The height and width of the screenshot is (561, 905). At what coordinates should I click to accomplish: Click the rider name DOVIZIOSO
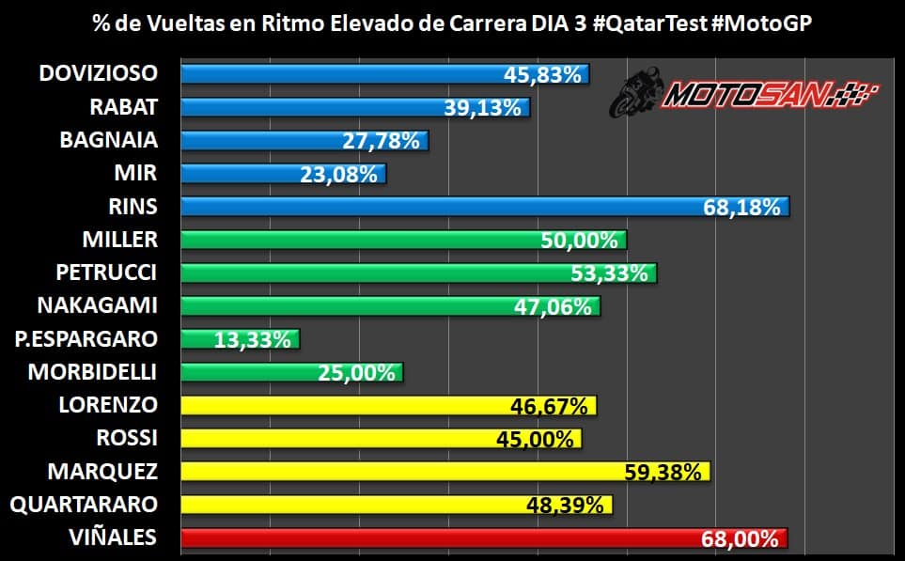99,73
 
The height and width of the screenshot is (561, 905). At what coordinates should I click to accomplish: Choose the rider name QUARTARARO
84,506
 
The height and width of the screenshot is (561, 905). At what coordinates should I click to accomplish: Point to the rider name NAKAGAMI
97,305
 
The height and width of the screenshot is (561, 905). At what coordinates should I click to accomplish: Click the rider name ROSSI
127,438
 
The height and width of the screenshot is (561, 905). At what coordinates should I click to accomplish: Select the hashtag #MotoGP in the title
766,22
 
